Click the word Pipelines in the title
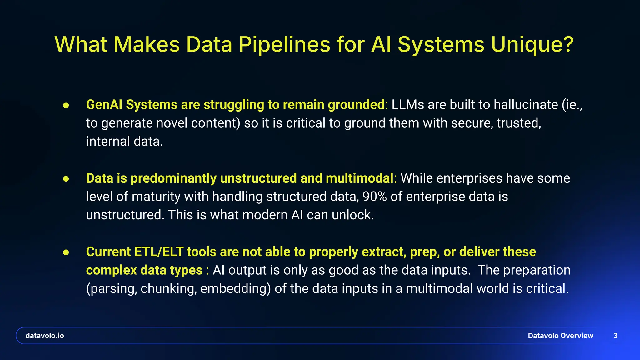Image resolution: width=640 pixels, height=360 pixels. [x=284, y=44]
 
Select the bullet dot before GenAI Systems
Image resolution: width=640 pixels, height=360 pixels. [x=66, y=105]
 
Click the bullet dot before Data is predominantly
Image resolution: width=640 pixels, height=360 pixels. [x=66, y=179]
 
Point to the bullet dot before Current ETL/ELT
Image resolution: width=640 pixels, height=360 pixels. [x=66, y=252]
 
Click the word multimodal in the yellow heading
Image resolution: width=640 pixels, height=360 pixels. [x=359, y=178]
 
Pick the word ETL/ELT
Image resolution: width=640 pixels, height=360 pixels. [x=159, y=252]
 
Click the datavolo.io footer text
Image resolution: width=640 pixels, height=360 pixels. [x=45, y=336]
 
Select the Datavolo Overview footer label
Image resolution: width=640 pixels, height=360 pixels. [x=560, y=336]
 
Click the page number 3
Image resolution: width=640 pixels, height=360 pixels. [x=615, y=336]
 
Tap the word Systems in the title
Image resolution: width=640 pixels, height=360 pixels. [x=441, y=44]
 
